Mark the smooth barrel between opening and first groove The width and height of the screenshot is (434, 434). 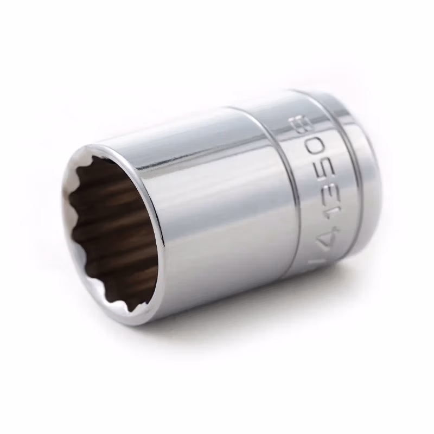pyautogui.click(x=217, y=217)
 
